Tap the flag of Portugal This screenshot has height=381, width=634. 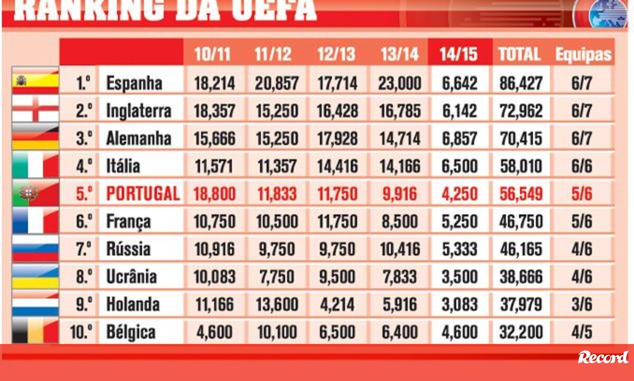click(35, 193)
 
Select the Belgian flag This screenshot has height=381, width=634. click(35, 331)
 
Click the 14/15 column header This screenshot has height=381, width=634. click(459, 54)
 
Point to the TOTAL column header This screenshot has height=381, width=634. click(519, 54)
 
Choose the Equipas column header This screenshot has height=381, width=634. click(583, 54)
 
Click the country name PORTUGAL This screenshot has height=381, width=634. click(143, 194)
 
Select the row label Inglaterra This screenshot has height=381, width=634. click(138, 111)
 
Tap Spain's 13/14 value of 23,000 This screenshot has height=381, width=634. click(400, 83)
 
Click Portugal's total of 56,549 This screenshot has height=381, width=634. click(521, 194)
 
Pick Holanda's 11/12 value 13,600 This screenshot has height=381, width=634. click(276, 304)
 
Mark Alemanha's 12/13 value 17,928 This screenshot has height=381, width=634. click(338, 138)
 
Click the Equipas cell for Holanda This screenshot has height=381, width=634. click(584, 304)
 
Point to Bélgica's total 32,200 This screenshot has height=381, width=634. click(521, 332)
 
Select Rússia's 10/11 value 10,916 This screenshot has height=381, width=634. click(214, 249)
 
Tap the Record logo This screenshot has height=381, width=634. click(602, 358)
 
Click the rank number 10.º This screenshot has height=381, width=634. click(80, 332)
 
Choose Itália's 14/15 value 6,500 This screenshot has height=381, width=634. click(459, 166)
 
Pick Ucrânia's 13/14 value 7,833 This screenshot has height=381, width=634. click(400, 277)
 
